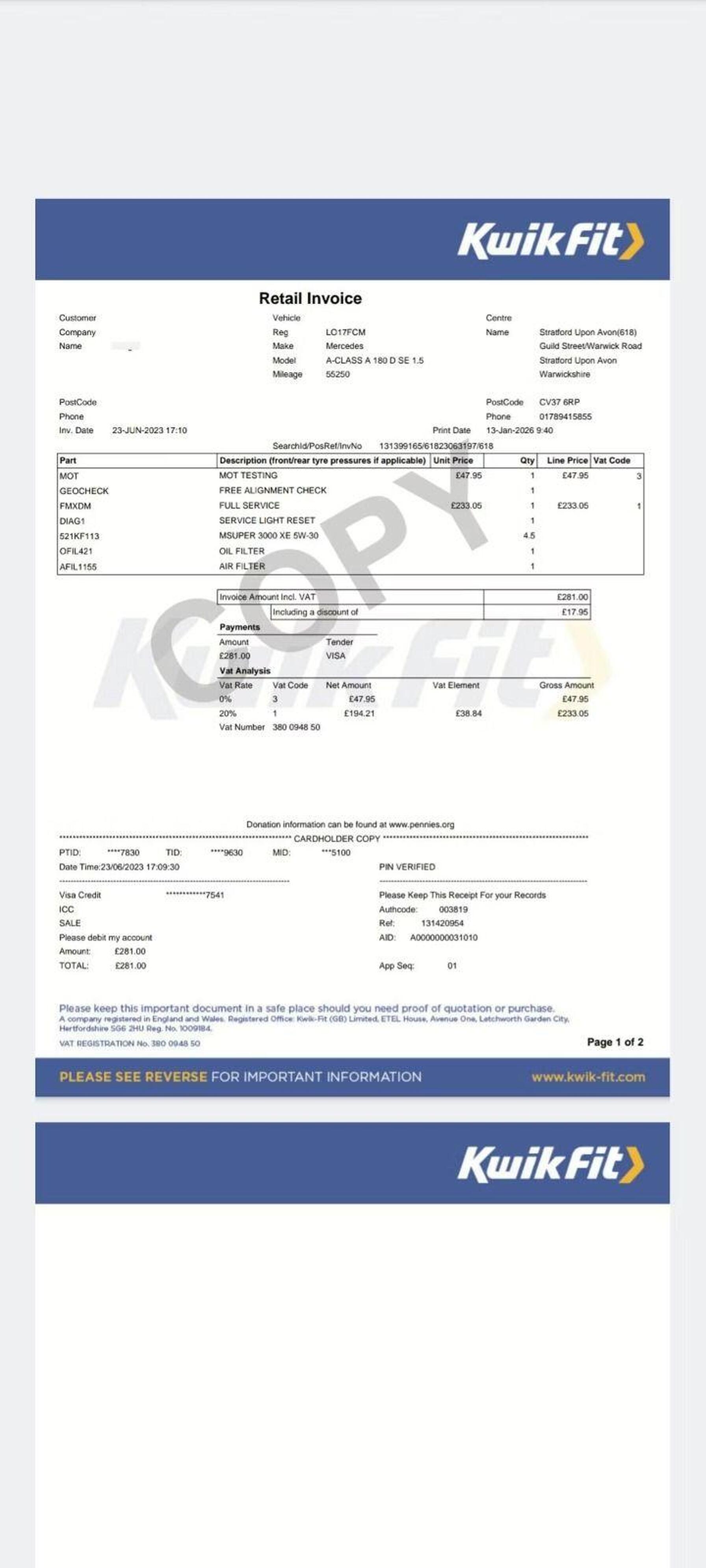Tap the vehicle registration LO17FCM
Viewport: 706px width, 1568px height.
[346, 332]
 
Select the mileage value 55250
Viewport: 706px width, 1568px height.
[338, 374]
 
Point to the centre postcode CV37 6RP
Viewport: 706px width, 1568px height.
[559, 402]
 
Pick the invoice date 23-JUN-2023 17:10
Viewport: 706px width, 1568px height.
[149, 430]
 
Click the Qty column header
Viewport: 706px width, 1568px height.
[527, 461]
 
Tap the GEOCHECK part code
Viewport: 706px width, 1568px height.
[84, 491]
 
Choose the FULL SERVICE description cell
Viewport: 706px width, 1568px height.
[249, 506]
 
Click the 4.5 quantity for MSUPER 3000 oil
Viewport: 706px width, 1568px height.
[529, 536]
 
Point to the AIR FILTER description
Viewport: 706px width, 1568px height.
[242, 566]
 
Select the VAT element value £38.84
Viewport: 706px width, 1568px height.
[468, 714]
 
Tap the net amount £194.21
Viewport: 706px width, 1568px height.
[359, 714]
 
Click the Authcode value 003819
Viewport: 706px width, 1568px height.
[453, 909]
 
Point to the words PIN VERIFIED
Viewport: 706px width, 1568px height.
[407, 867]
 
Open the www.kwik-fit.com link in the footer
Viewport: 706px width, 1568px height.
[588, 1077]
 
